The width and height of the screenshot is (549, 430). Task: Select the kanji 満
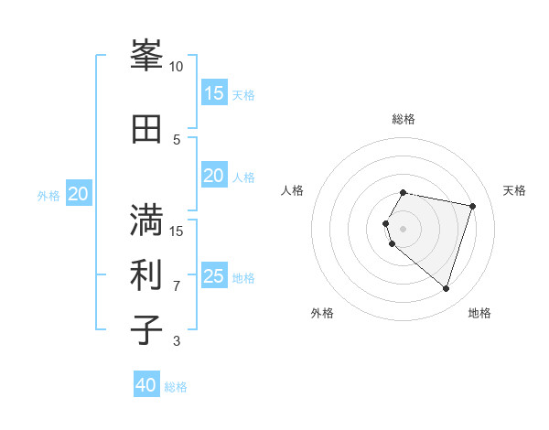(x=147, y=220)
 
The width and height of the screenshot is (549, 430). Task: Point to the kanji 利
(x=147, y=274)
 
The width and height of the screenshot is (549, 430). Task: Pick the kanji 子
(x=147, y=329)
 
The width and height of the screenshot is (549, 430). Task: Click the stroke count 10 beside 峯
(x=177, y=67)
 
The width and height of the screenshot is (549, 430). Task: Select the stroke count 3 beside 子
(x=177, y=341)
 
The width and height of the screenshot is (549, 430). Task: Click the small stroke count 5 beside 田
(x=177, y=139)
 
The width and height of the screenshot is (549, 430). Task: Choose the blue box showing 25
(x=214, y=275)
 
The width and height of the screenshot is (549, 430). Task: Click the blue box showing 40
(x=146, y=385)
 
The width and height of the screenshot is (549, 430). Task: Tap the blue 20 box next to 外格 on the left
(x=79, y=193)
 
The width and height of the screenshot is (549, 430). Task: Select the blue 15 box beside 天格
(x=214, y=92)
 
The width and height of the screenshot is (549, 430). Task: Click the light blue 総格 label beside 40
(x=176, y=387)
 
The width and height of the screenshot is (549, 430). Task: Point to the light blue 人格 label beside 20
(x=243, y=177)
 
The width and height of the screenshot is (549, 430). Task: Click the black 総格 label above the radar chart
(x=404, y=119)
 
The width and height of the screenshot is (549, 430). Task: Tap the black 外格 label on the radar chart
(x=322, y=313)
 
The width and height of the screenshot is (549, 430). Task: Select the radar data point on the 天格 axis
(x=472, y=206)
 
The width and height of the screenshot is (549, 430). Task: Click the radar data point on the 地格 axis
(x=446, y=289)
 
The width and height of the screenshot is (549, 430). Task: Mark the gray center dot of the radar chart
(x=404, y=228)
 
